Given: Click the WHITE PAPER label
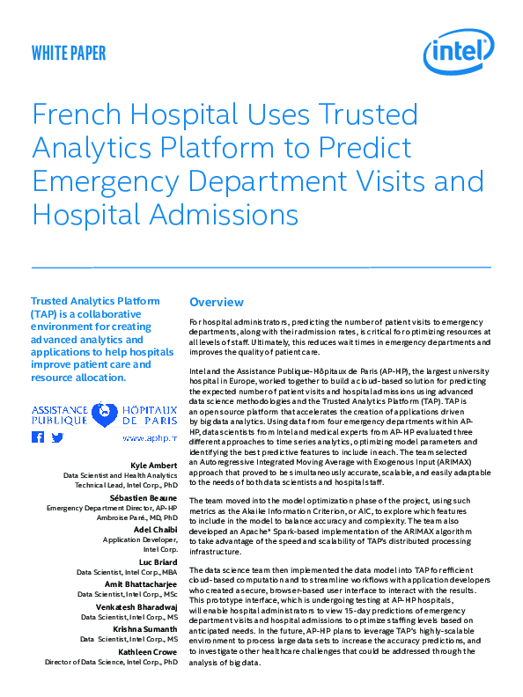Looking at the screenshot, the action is pos(69,53).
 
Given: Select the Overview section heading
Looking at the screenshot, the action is pos(217,302).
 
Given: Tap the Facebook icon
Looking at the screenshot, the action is pos(38,437).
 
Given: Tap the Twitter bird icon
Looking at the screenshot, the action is pos(58,437).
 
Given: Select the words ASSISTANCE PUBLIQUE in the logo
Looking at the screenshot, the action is pos(59,416).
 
